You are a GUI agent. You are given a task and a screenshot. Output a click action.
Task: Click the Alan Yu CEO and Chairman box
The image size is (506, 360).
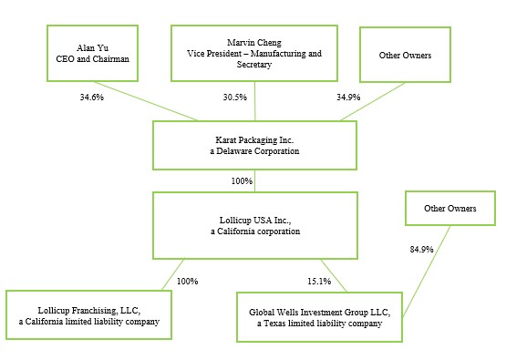pos(93,53)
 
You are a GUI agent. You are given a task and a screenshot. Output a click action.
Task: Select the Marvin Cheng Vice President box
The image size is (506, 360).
pos(254,53)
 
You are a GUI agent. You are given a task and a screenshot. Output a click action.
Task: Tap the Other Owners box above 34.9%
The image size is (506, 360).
pos(405,55)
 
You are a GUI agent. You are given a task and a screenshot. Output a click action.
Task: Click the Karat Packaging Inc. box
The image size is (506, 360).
pos(254,145)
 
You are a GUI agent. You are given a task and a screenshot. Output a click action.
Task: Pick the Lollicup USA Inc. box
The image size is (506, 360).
pos(255,225)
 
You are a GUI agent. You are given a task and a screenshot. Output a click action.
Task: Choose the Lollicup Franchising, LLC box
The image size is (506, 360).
pos(88,314)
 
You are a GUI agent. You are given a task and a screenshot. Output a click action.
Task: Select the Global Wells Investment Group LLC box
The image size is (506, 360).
pos(319,317)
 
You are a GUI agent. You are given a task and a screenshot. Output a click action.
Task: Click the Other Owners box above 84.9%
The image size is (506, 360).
pos(450,208)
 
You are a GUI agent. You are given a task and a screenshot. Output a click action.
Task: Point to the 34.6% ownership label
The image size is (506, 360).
pos(92,98)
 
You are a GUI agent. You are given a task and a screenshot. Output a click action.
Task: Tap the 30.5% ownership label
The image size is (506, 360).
pos(235,98)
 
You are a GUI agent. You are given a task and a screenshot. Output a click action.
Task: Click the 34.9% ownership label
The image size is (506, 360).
pos(348,98)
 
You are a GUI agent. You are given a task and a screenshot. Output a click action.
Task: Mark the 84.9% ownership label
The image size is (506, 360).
pos(421,250)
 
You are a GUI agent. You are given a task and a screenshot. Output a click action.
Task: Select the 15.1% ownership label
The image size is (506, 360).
pos(319,282)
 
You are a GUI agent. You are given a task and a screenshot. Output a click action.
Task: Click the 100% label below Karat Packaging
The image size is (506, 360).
pos(242,181)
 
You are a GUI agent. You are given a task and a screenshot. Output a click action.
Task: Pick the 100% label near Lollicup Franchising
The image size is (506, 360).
pos(188,282)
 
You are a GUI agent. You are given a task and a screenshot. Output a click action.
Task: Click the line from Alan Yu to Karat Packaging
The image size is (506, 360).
pos(146,101)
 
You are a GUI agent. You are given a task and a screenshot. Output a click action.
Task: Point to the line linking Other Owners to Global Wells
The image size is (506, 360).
pos(427,271)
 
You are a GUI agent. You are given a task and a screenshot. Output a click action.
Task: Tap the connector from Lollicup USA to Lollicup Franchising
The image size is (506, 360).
pos(173,274)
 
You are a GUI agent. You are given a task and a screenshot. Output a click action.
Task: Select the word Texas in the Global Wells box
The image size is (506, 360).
pos(274,324)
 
